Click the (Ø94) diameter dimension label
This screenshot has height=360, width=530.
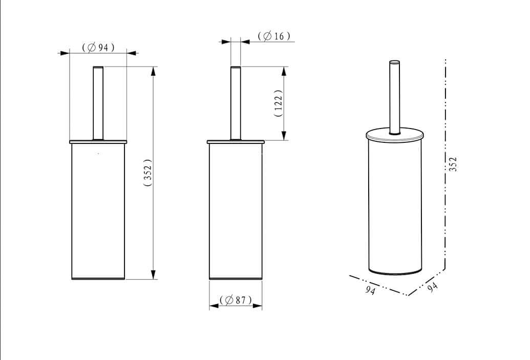98,47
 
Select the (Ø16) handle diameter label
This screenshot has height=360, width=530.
274,36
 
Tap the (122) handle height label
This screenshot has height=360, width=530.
278,103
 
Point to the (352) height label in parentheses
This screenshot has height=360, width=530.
148,173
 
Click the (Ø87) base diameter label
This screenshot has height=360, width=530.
236,300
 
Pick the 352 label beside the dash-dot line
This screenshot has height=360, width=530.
453,164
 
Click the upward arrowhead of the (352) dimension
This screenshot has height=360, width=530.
154,71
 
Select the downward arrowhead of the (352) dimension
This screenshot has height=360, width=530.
154,274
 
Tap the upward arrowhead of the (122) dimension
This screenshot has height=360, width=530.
284,71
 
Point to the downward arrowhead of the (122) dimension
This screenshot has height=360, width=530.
284,135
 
